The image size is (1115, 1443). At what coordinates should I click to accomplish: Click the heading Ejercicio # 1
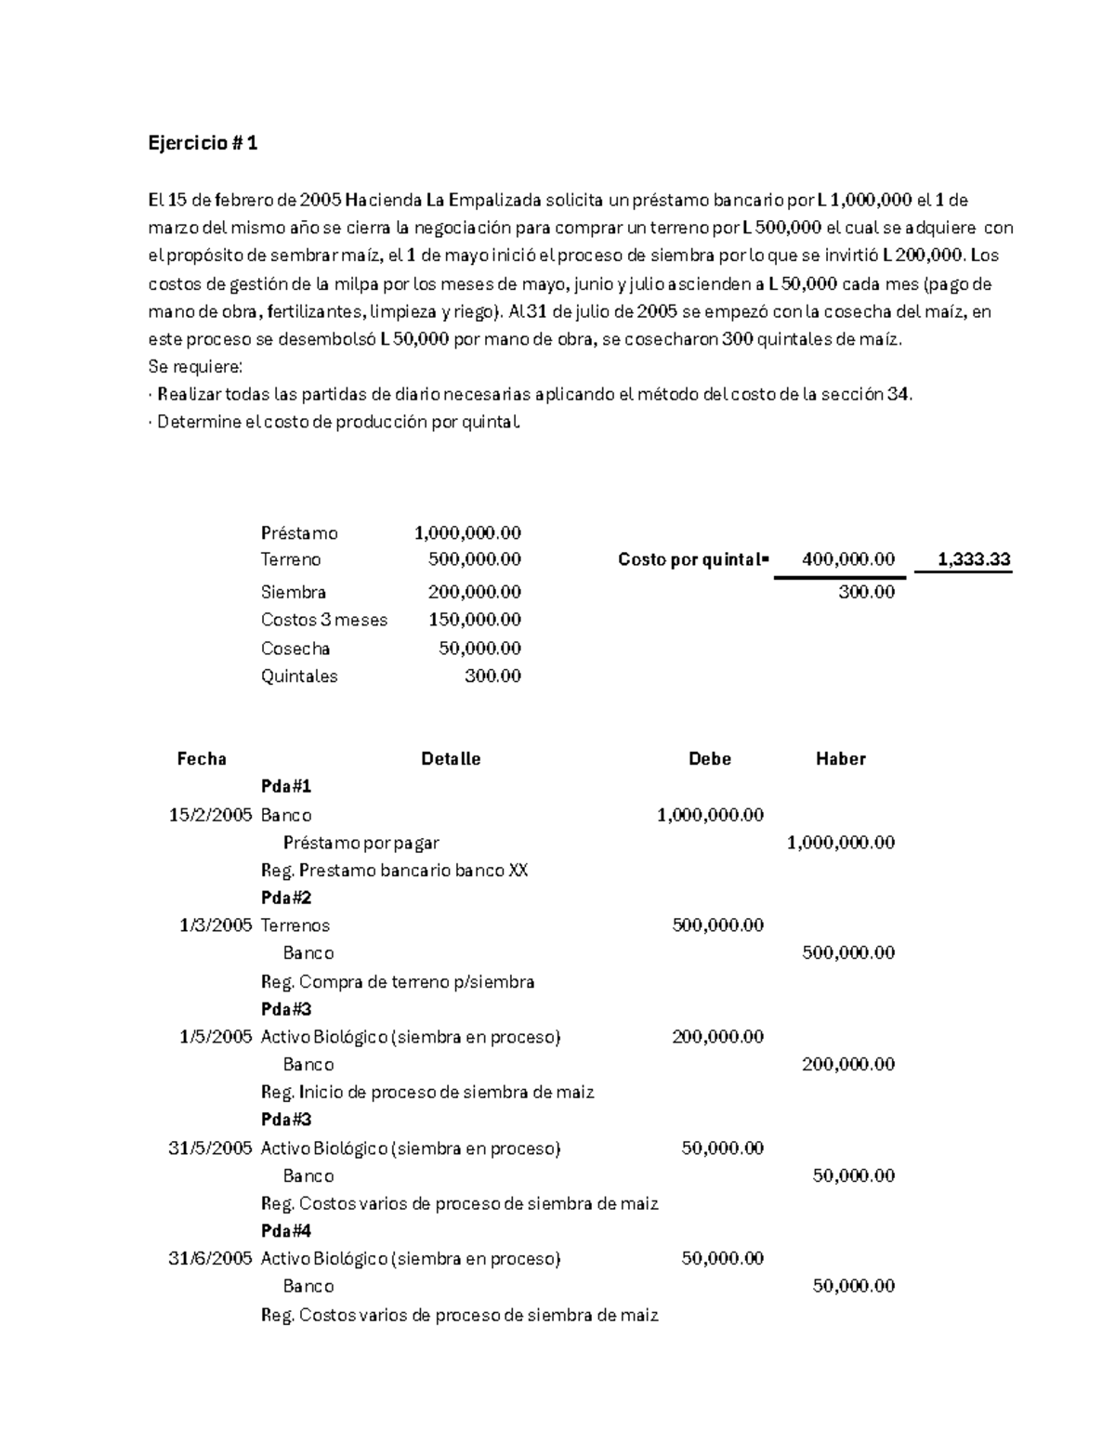pyautogui.click(x=203, y=143)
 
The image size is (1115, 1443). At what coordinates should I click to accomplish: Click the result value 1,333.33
pyautogui.click(x=974, y=559)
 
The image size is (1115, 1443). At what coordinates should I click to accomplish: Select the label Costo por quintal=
pyautogui.click(x=693, y=559)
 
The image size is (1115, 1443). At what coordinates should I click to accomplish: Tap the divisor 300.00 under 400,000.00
pyautogui.click(x=866, y=592)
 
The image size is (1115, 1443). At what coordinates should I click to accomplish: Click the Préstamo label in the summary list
pyautogui.click(x=299, y=533)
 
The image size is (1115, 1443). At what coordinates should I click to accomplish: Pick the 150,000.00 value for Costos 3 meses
pyautogui.click(x=474, y=620)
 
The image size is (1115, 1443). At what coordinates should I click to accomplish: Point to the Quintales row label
pyautogui.click(x=299, y=676)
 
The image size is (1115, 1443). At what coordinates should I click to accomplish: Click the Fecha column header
pyautogui.click(x=202, y=759)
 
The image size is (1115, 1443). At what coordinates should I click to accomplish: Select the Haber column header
pyautogui.click(x=840, y=759)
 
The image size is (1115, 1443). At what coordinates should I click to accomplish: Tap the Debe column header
pyautogui.click(x=709, y=759)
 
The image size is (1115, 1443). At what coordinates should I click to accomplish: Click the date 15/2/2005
pyautogui.click(x=211, y=815)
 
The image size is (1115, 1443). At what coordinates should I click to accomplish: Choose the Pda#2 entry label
pyautogui.click(x=286, y=898)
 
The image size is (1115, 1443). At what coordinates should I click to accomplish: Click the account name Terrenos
pyautogui.click(x=295, y=925)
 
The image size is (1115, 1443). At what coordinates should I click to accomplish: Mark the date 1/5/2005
pyautogui.click(x=216, y=1037)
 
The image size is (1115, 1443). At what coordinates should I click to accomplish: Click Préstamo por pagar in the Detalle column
pyautogui.click(x=361, y=843)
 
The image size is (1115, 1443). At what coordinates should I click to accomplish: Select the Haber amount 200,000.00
pyautogui.click(x=847, y=1065)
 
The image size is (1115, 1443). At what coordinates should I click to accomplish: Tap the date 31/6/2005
pyautogui.click(x=211, y=1259)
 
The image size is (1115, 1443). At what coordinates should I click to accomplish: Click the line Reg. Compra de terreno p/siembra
pyautogui.click(x=398, y=982)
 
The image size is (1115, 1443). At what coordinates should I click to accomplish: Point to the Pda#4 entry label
pyautogui.click(x=286, y=1231)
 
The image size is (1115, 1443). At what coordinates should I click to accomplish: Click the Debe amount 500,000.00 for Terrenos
pyautogui.click(x=717, y=925)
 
